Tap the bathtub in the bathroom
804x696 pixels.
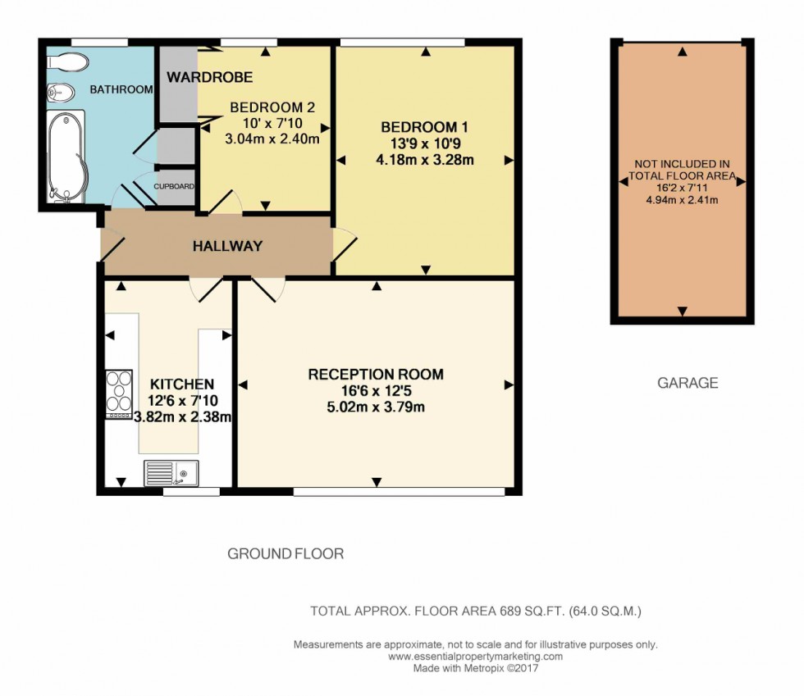pyautogui.click(x=66, y=156)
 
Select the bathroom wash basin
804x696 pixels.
pyautogui.click(x=59, y=92)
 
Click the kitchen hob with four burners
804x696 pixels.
pyautogui.click(x=120, y=394)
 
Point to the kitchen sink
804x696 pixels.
pyautogui.click(x=171, y=472)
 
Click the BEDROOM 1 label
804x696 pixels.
pyautogui.click(x=424, y=127)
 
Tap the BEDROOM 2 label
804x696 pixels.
pyautogui.click(x=272, y=107)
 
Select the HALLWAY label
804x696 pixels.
pyautogui.click(x=227, y=246)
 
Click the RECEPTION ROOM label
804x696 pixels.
pyautogui.click(x=376, y=375)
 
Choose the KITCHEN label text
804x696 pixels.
pyautogui.click(x=182, y=384)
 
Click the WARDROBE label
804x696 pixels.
pyautogui.click(x=209, y=77)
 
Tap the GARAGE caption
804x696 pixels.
pyautogui.click(x=688, y=383)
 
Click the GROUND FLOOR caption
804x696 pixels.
pyautogui.click(x=286, y=554)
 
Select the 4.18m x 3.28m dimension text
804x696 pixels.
pyautogui.click(x=424, y=160)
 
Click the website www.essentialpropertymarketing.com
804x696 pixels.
pyautogui.click(x=475, y=657)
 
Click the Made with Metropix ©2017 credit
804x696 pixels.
pyautogui.click(x=475, y=668)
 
